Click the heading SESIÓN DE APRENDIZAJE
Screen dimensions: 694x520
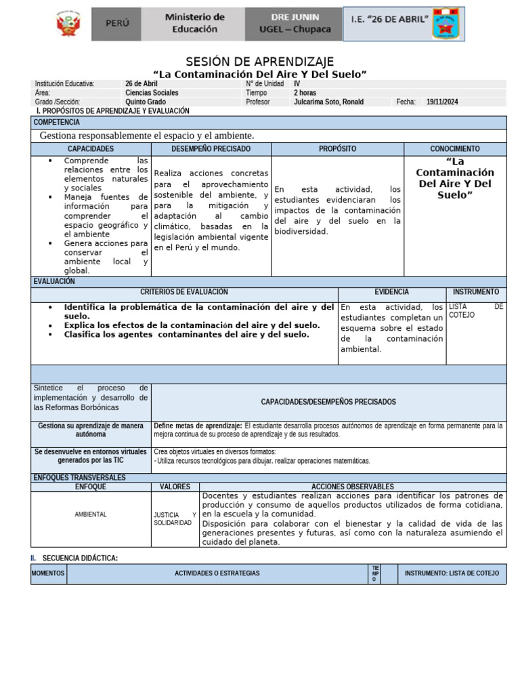point(260,62)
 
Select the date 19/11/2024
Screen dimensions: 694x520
point(442,102)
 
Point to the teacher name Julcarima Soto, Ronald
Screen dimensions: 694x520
point(328,102)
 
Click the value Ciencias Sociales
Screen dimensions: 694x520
point(152,93)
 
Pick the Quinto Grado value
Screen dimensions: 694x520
point(146,102)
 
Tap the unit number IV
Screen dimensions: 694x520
point(297,84)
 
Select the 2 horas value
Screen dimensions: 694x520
point(305,93)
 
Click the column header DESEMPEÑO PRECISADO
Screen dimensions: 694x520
point(211,148)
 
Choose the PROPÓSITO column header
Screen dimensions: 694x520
point(337,148)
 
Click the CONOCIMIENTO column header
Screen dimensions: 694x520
point(455,148)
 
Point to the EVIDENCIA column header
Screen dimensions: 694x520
point(391,292)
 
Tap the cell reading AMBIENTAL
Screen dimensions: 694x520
point(91,514)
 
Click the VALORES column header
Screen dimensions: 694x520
point(175,487)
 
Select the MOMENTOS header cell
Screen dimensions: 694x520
point(48,573)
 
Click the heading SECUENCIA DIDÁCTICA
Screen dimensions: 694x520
point(80,558)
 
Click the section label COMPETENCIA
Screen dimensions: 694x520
point(56,122)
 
